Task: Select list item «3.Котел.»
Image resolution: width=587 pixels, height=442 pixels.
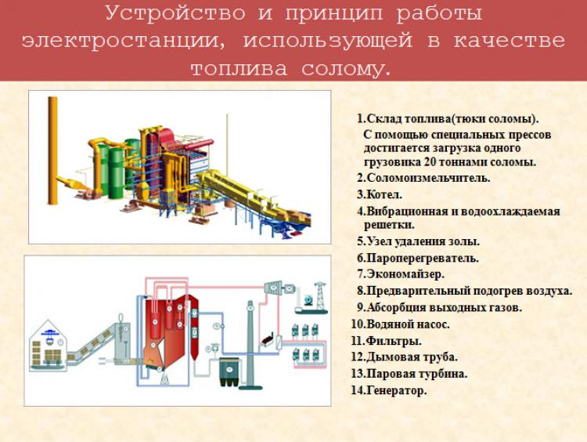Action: click(380, 194)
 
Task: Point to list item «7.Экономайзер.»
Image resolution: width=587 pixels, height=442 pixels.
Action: click(401, 274)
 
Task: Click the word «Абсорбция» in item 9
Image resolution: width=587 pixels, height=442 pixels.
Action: click(398, 307)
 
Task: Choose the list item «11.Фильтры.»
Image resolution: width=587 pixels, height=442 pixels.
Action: click(387, 341)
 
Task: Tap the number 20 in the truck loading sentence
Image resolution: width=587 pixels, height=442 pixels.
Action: click(430, 162)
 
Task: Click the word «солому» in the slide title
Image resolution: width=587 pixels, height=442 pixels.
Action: click(341, 69)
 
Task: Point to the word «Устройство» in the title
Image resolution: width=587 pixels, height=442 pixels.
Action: click(175, 14)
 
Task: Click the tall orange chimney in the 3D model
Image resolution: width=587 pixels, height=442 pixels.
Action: click(52, 150)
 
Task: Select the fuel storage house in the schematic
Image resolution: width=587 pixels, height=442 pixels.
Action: click(49, 346)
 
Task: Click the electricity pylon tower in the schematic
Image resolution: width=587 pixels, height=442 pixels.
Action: click(320, 297)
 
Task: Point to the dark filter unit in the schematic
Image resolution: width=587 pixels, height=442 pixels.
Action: click(229, 372)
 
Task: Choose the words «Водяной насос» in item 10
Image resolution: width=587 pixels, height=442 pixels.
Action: click(408, 324)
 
